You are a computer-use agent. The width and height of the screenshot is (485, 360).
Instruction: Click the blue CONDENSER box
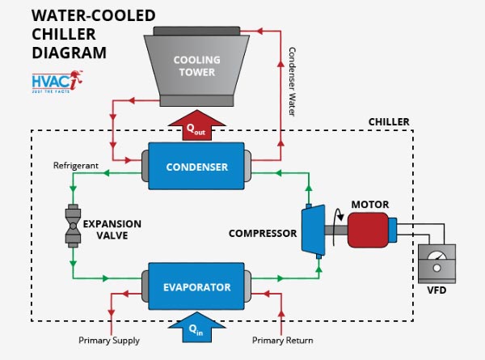click(196, 166)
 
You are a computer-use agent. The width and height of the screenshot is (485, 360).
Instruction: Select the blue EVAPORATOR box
click(196, 286)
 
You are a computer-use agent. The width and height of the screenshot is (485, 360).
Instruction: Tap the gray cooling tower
click(196, 66)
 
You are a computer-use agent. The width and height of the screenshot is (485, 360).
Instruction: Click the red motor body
click(368, 230)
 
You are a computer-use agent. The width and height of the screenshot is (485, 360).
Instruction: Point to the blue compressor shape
click(314, 229)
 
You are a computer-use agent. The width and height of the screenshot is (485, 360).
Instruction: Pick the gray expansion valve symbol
click(73, 226)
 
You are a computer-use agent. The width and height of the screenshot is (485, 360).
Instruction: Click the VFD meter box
click(436, 264)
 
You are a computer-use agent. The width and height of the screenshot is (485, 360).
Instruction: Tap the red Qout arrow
click(196, 125)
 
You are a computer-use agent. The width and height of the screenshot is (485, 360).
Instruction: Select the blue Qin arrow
click(196, 327)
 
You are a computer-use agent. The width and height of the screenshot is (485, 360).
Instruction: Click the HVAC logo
click(57, 82)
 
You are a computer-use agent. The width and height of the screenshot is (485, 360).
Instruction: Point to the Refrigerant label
click(76, 166)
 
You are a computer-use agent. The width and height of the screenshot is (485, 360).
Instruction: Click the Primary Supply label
click(109, 341)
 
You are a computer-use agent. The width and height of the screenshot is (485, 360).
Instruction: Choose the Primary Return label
click(282, 341)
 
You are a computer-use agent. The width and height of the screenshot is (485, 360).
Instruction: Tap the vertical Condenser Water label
click(292, 82)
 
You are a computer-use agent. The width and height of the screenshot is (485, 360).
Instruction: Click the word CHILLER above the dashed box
click(389, 122)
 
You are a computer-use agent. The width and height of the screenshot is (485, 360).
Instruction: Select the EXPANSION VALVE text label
click(112, 230)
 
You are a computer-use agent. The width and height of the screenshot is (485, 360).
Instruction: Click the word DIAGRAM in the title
click(69, 53)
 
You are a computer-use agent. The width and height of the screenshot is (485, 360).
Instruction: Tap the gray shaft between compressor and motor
click(336, 230)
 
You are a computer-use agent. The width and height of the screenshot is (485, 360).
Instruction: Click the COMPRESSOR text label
click(263, 234)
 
